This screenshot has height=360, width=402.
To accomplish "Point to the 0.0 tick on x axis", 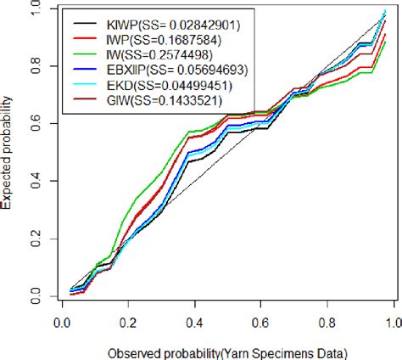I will pos(60,322).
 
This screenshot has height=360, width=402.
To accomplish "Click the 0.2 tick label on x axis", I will pos(127,322).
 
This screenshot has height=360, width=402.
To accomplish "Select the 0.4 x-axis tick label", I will pos(194,322).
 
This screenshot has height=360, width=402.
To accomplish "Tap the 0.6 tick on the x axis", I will pos(260,322).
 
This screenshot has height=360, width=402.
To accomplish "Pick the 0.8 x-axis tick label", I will pos(327,322).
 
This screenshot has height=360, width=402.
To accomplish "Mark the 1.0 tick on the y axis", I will pos(33,10).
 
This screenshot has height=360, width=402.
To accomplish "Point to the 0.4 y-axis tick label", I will pos(33,183).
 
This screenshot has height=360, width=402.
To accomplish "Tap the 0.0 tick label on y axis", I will pos(33,297).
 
